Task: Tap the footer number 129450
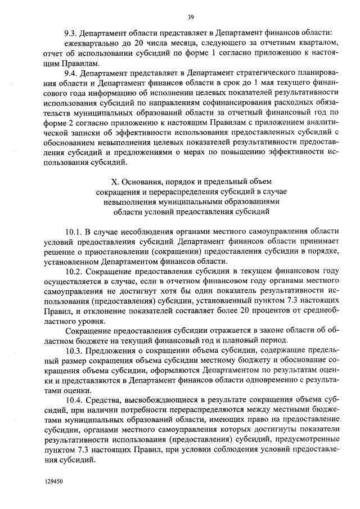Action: (56, 483)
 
